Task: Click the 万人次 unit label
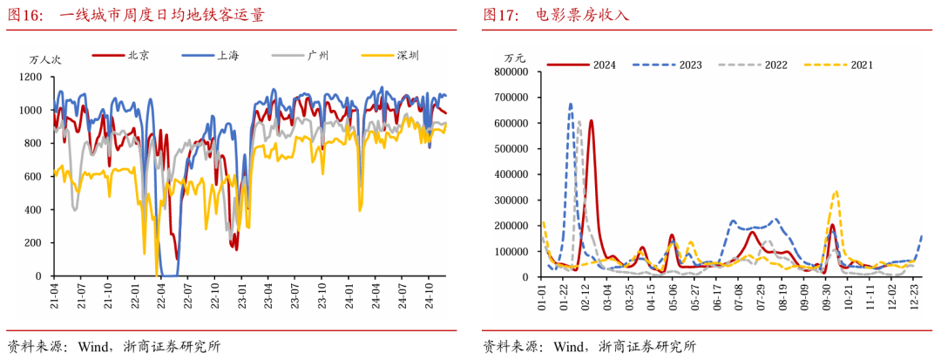coord(45,60)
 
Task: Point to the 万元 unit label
coord(516,58)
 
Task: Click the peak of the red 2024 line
coord(591,121)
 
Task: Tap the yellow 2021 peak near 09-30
coord(836,191)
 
